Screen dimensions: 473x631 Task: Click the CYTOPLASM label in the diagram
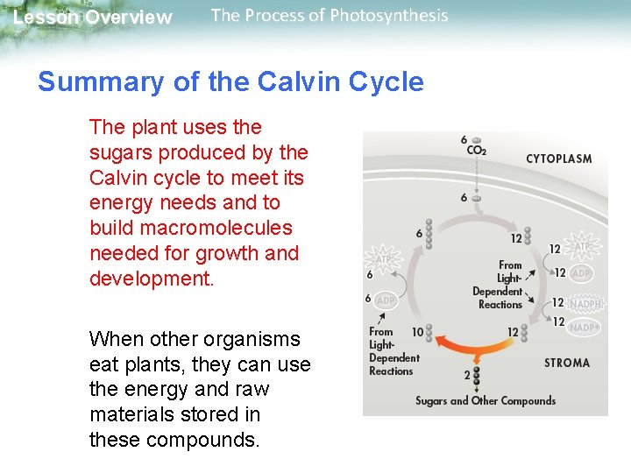pos(558,159)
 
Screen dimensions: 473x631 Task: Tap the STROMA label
pos(567,363)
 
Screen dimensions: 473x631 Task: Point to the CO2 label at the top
pos(476,150)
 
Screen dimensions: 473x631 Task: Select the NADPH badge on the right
pos(585,303)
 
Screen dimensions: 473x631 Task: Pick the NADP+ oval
pos(585,327)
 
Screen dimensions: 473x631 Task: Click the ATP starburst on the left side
pos(381,259)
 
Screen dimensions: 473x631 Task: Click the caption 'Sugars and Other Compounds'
pos(486,400)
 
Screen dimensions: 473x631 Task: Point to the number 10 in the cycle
pos(417,332)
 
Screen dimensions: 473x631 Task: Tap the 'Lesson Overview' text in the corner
pos(93,18)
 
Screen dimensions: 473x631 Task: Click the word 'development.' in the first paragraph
pos(151,279)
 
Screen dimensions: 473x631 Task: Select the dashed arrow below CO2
pos(476,175)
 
